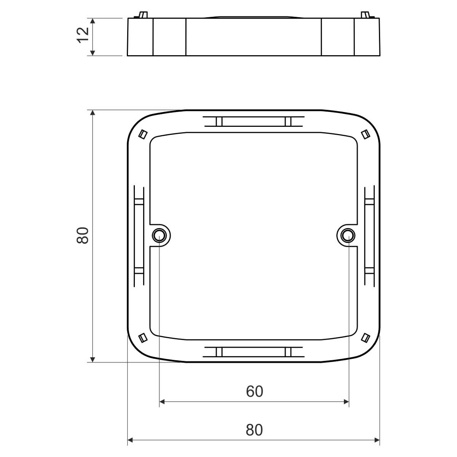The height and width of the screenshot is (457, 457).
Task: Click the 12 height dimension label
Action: (83, 35)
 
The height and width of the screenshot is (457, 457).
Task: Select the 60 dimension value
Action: (254, 391)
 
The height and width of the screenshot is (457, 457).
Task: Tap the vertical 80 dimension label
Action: (83, 235)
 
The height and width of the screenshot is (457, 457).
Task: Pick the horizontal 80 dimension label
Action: (254, 430)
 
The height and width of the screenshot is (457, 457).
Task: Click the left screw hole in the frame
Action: (159, 235)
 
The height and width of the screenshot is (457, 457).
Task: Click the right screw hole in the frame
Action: (348, 235)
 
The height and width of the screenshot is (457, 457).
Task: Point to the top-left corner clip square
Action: (143, 134)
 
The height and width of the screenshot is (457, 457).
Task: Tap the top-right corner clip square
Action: (366, 134)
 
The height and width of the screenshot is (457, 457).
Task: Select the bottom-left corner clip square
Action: (143, 338)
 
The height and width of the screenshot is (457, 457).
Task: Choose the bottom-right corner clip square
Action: (366, 338)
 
